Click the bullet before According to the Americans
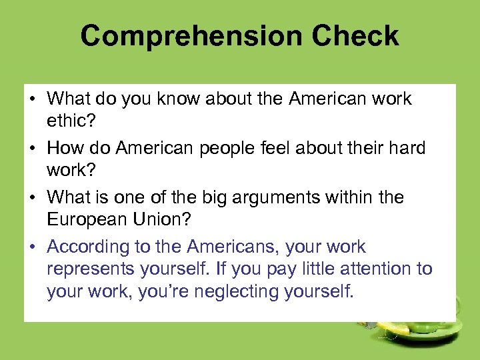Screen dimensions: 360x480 point(32,247)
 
